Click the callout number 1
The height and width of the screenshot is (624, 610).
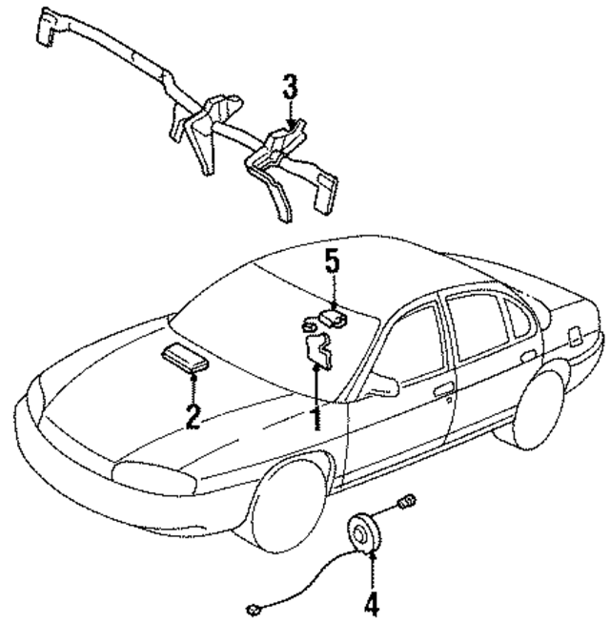click(315, 416)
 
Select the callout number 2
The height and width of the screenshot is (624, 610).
click(193, 416)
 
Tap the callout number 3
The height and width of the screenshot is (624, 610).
click(290, 90)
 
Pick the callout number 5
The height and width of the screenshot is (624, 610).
click(331, 260)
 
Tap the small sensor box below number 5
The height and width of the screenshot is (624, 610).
click(333, 316)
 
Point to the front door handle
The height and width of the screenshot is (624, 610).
click(443, 389)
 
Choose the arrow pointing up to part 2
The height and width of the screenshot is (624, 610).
click(193, 388)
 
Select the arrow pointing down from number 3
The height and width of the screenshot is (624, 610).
click(290, 118)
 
